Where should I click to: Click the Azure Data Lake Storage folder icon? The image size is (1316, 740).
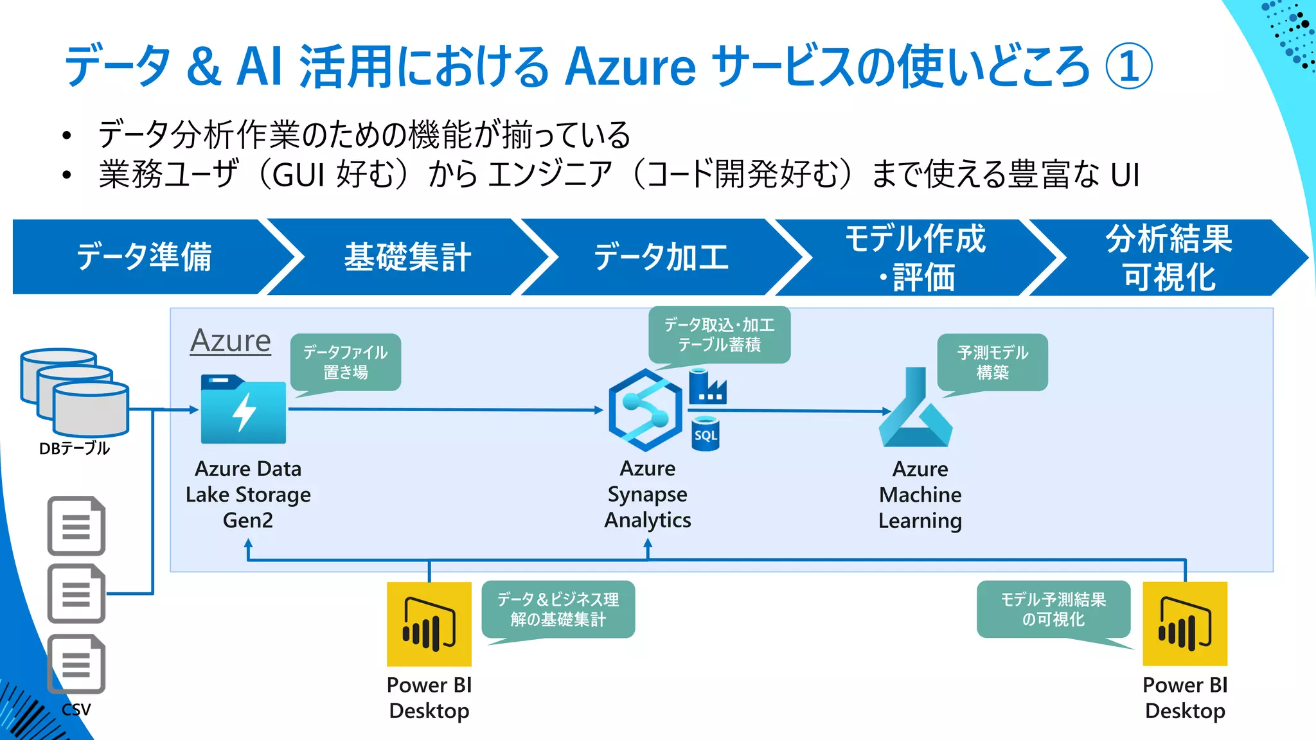coord(243,410)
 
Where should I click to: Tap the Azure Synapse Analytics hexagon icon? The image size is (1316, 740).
coord(645,410)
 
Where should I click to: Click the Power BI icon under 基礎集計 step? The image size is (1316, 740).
coord(429,624)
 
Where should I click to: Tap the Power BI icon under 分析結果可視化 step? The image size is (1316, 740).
coord(1185,624)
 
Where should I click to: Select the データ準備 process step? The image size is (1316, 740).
coord(144,257)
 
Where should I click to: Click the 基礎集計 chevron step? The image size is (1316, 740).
coord(407,257)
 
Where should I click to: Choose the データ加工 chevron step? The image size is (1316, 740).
coord(661,257)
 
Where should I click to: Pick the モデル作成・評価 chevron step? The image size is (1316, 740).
coord(915,258)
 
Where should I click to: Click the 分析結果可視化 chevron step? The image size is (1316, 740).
coord(1168,258)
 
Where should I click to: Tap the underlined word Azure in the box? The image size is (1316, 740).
coord(231,340)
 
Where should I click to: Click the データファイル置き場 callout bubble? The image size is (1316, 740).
coord(346,362)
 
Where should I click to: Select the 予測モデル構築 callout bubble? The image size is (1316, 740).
coord(992,362)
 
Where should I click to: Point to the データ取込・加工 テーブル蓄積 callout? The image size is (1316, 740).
coord(719,335)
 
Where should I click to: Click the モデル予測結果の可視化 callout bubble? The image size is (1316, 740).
coord(1053,609)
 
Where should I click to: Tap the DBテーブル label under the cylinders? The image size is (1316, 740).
coord(75,448)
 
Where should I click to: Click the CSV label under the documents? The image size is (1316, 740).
coord(76,709)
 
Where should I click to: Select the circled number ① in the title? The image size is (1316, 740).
coord(1129,66)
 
